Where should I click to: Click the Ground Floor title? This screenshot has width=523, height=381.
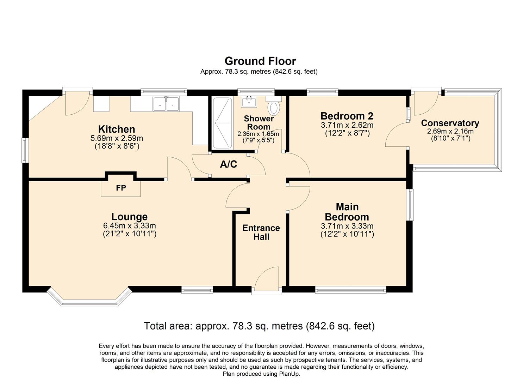point(260,61)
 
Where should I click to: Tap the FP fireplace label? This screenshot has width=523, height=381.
point(121,188)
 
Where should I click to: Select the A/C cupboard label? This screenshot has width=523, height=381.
point(229,164)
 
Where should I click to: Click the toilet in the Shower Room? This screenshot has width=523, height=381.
point(274,107)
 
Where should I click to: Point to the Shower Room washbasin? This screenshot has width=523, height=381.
point(249,102)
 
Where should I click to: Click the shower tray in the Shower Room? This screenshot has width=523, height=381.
point(222,123)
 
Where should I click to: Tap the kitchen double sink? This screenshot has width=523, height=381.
point(166,104)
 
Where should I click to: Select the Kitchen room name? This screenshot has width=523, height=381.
point(117,129)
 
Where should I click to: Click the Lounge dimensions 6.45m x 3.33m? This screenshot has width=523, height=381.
point(129,226)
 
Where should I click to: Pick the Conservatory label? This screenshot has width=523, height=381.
point(450,123)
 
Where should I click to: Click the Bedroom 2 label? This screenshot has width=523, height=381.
point(347,116)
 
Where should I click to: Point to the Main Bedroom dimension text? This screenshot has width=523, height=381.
point(347,230)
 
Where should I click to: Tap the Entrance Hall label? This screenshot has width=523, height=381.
point(261,232)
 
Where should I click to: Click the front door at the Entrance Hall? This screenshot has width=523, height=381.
point(267,280)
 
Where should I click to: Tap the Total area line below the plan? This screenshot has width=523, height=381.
point(259,326)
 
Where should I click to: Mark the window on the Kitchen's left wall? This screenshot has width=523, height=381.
point(25,150)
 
